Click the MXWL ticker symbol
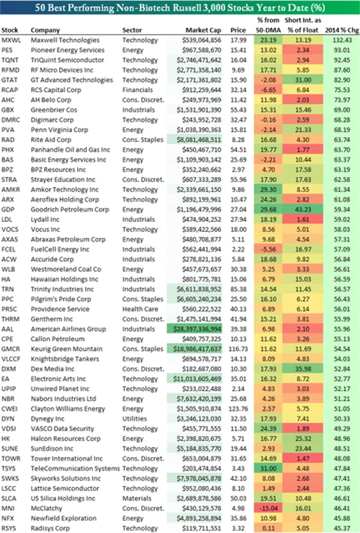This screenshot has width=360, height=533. [x=11, y=40]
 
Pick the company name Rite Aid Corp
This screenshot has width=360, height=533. [x=51, y=139]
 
